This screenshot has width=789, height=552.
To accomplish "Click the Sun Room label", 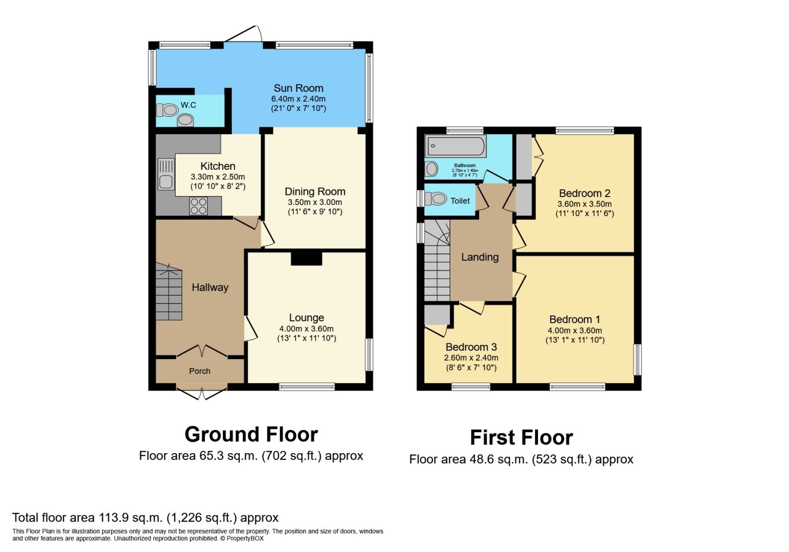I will click(298, 88).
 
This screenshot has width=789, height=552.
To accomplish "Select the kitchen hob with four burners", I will click(198, 206).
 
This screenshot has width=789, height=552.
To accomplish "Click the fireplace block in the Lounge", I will click(306, 258).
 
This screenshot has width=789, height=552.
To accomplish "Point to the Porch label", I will click(199, 371).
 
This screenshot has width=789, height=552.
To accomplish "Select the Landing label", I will click(480, 257).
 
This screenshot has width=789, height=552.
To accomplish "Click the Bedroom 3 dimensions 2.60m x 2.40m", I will click(471, 358).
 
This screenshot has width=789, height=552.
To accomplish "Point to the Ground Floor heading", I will click(251, 434).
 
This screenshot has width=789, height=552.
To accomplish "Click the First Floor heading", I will click(521, 437).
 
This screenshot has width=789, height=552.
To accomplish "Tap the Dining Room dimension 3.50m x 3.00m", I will click(315, 202).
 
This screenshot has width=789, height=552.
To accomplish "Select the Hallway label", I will click(210, 288).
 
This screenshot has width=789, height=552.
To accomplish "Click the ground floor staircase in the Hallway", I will click(169, 292).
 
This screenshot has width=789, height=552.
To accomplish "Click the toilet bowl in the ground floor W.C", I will click(167, 110).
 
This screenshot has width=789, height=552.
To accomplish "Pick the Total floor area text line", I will click(145, 518).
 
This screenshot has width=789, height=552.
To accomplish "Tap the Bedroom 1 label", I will click(574, 320).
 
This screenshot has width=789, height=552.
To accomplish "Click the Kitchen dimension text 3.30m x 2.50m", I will click(218, 177).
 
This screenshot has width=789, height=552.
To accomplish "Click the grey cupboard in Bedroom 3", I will click(437, 314).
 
